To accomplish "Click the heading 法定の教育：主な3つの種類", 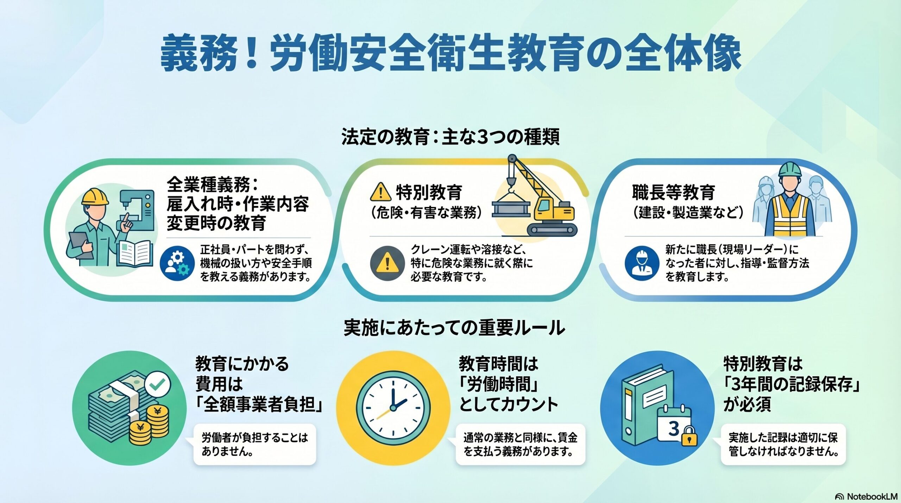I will [450, 137].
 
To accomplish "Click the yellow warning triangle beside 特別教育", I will [380, 192].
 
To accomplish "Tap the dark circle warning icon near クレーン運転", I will [387, 263].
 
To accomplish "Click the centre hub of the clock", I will [393, 408].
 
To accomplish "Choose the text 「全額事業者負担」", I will [259, 404].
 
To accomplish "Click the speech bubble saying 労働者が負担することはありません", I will [254, 444].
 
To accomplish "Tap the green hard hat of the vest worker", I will [789, 170].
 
